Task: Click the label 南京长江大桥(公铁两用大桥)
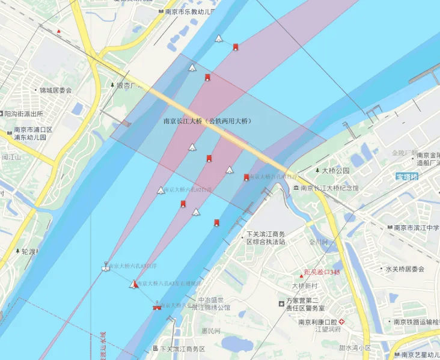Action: coord(207,121)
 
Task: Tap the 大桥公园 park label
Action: coord(335,171)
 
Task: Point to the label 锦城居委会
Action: coord(55,90)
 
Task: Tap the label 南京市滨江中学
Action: coord(417,228)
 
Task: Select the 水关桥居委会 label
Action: coord(405,269)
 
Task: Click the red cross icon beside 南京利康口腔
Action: coord(342,322)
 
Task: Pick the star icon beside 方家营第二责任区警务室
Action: coord(281,304)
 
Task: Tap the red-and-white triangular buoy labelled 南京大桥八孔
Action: coord(134,283)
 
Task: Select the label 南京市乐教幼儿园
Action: coord(191,11)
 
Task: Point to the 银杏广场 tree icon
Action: coord(112,85)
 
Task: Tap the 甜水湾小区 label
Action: coord(354,348)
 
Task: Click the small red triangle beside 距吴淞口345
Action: coord(301,275)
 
